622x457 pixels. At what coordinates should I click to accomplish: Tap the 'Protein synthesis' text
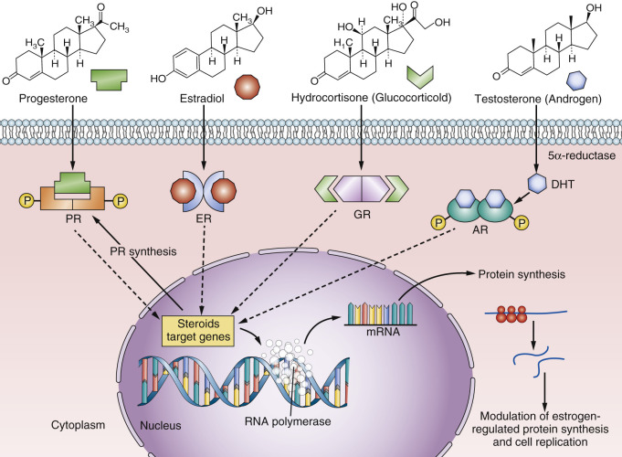click(515, 274)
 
